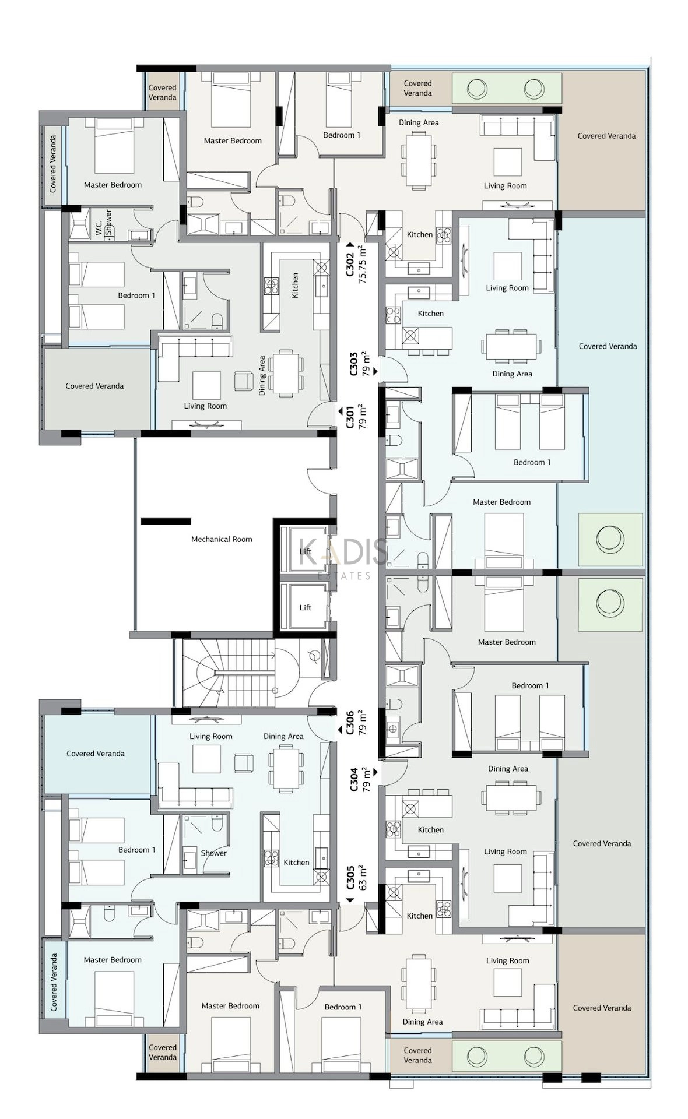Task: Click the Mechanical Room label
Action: pyautogui.click(x=222, y=539)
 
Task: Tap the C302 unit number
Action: pyautogui.click(x=350, y=264)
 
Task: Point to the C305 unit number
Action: pyautogui.click(x=350, y=877)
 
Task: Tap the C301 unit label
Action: pyautogui.click(x=350, y=417)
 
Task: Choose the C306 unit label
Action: pyautogui.click(x=350, y=722)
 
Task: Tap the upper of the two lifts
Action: pyautogui.click(x=306, y=550)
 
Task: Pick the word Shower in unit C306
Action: pyautogui.click(x=213, y=853)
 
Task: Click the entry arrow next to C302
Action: pyautogui.click(x=350, y=245)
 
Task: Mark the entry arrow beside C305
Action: pyautogui.click(x=350, y=900)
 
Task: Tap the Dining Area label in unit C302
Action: pyautogui.click(x=419, y=122)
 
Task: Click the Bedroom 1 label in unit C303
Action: pyautogui.click(x=532, y=462)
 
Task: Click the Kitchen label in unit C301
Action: pyautogui.click(x=295, y=286)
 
